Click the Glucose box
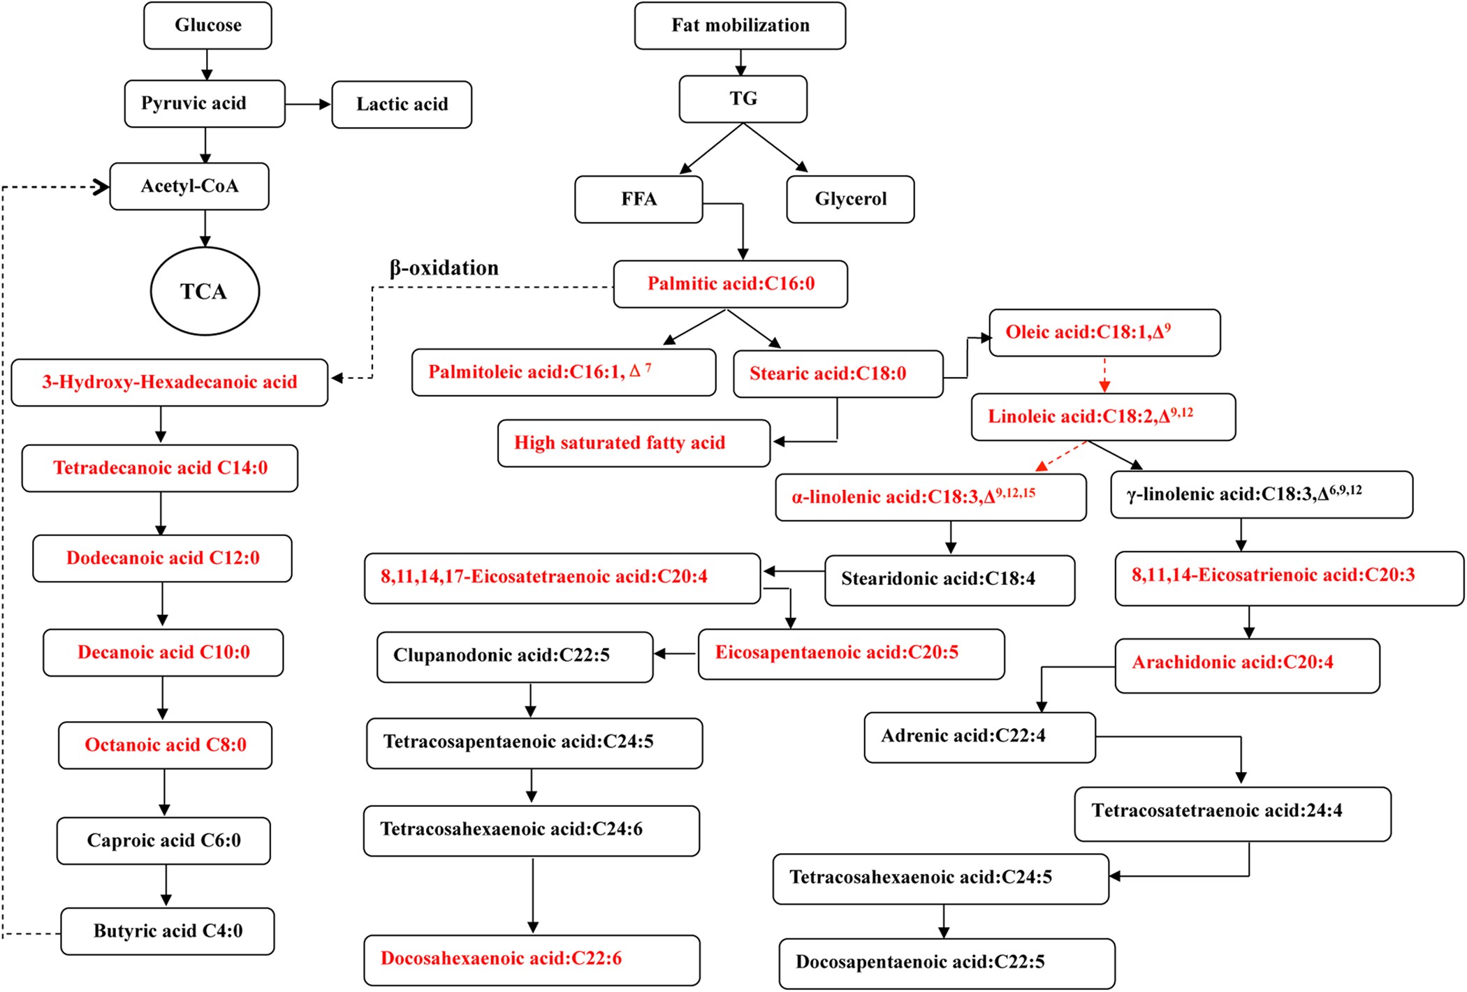click(x=207, y=26)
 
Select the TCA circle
click(x=205, y=291)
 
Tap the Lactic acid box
click(x=402, y=105)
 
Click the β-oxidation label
click(x=444, y=268)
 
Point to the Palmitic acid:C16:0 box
click(x=731, y=284)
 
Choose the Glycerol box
click(x=850, y=200)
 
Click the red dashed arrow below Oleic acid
click(x=1104, y=375)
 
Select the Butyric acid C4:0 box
click(x=168, y=931)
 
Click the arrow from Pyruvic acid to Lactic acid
click(x=308, y=105)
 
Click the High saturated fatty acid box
click(x=634, y=443)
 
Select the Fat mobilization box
click(x=740, y=26)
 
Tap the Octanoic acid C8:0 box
click(x=166, y=746)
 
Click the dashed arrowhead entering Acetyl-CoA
click(x=101, y=186)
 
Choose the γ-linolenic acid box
click(x=1262, y=495)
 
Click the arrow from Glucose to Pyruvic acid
click(x=207, y=65)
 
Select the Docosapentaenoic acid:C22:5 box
click(x=947, y=963)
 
